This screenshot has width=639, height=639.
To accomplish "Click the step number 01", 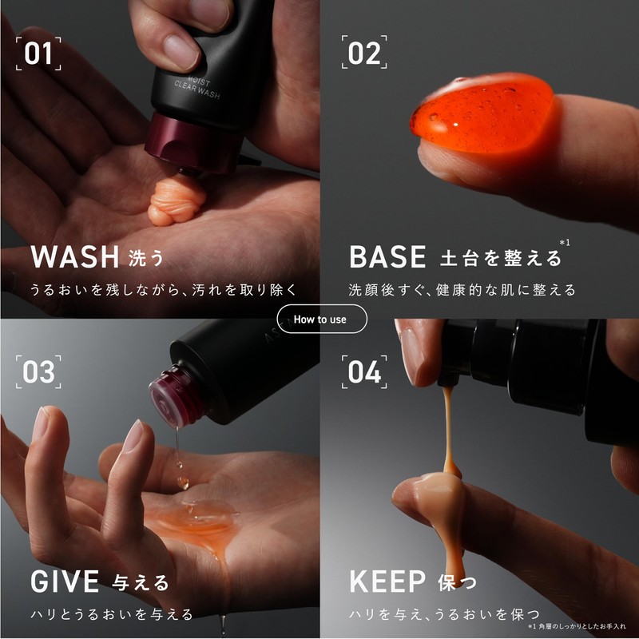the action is pos(38,54).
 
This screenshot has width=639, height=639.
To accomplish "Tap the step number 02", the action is pos(364,54).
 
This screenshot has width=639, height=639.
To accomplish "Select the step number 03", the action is pos(38,371).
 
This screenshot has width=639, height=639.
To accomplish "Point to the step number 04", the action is pos(364,371).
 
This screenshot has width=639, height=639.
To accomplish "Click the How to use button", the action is pos(322,319).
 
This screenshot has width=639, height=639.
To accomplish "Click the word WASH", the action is pos(75,256).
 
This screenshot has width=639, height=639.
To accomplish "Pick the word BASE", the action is pos(387,256).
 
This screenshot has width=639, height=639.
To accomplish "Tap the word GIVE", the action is pos(65,581).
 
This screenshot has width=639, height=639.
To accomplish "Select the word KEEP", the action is pos(387,581).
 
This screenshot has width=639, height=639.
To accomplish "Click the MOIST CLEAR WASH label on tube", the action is pos(197,87).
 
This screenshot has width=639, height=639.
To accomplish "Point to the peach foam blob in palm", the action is pos(176,200).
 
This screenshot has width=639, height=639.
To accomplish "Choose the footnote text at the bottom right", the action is pos(576,626).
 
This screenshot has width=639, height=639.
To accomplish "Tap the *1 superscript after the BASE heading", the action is pos(565,243).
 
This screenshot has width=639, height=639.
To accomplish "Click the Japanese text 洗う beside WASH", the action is pos(146,258).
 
